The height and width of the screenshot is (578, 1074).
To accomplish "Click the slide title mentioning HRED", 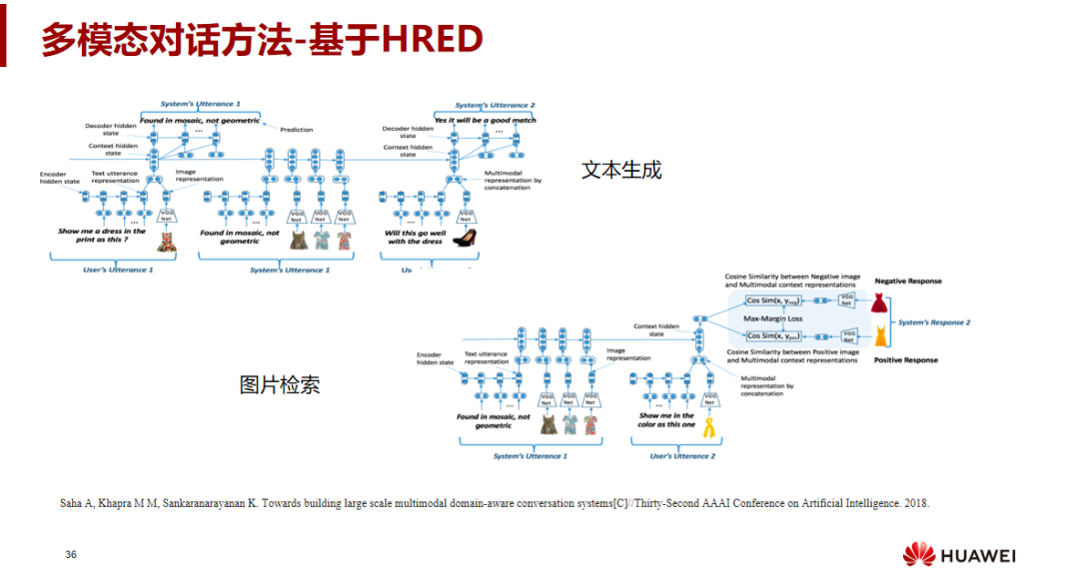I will click(262, 39).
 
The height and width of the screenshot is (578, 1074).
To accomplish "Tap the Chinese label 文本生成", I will click(621, 170).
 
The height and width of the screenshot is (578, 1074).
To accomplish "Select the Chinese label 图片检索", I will click(280, 384).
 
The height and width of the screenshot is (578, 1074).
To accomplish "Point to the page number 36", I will click(71, 554).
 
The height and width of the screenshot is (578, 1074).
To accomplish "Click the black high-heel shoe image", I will click(464, 238).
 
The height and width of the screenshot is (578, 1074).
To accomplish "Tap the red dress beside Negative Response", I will click(878, 301).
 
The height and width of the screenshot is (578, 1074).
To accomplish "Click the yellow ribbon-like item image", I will click(710, 427).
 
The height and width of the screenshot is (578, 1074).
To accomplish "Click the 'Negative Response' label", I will click(908, 282).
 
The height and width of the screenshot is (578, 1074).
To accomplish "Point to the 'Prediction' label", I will click(297, 129).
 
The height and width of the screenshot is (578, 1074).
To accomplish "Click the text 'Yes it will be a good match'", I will click(486, 120).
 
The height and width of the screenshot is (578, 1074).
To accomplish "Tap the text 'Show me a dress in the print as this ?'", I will click(102, 236).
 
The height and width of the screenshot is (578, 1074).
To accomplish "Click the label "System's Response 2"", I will click(934, 322).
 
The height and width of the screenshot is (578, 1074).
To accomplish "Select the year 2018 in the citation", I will click(916, 503).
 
